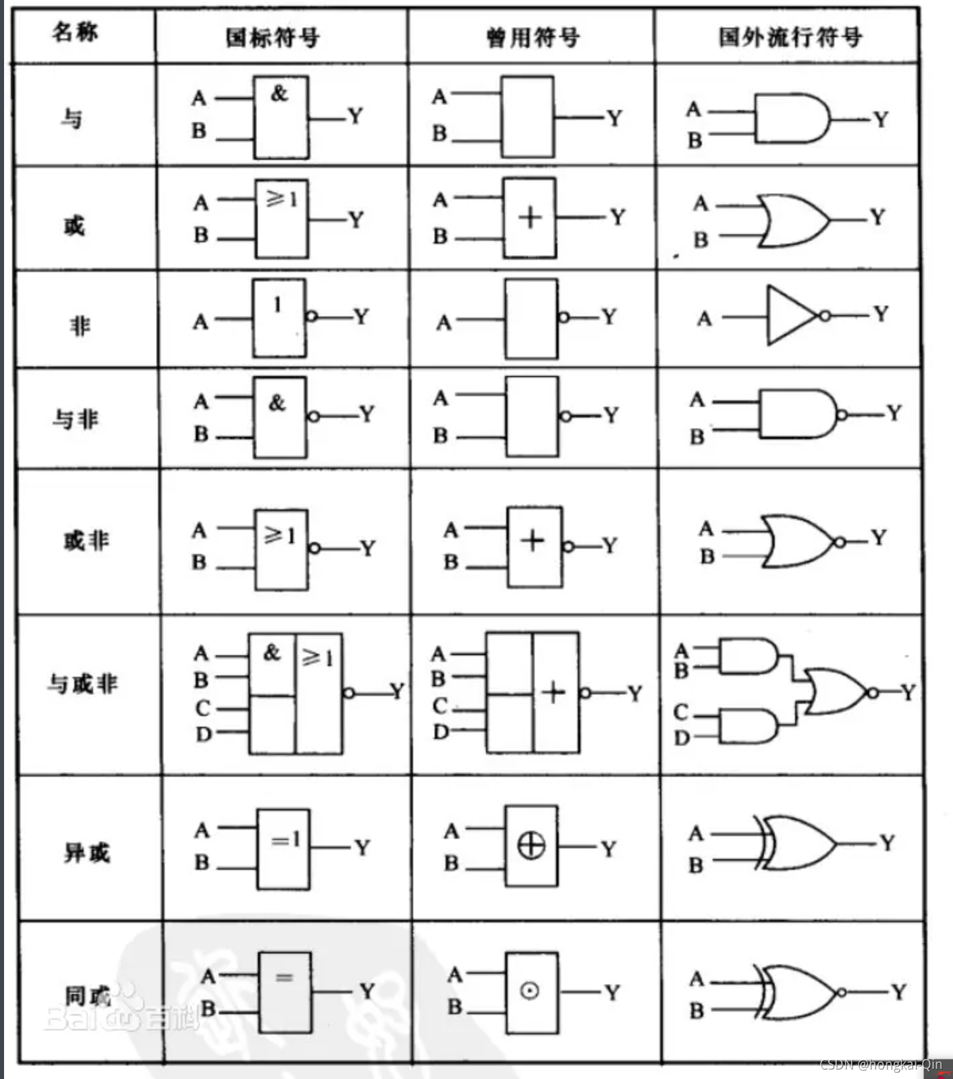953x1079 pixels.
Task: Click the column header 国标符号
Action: [272, 37]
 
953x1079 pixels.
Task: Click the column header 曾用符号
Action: [533, 38]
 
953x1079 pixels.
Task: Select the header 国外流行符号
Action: [790, 37]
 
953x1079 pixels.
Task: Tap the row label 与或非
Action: [82, 684]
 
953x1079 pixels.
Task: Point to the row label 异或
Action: [86, 853]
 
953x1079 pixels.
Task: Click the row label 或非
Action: [86, 541]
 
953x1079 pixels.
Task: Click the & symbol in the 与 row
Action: [279, 93]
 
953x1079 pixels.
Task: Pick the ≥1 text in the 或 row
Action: [281, 198]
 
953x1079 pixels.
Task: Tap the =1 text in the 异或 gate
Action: [285, 840]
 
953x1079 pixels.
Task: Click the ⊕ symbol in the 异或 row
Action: [531, 846]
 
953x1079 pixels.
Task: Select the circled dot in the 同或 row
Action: [530, 991]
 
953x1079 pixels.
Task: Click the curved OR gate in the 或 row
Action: [793, 221]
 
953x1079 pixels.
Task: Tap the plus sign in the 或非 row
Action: [533, 540]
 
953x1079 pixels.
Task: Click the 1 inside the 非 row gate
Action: [277, 305]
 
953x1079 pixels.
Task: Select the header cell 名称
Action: [75, 32]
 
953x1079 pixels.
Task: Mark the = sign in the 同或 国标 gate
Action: [284, 976]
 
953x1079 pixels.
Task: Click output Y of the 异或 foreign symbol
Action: [887, 843]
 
